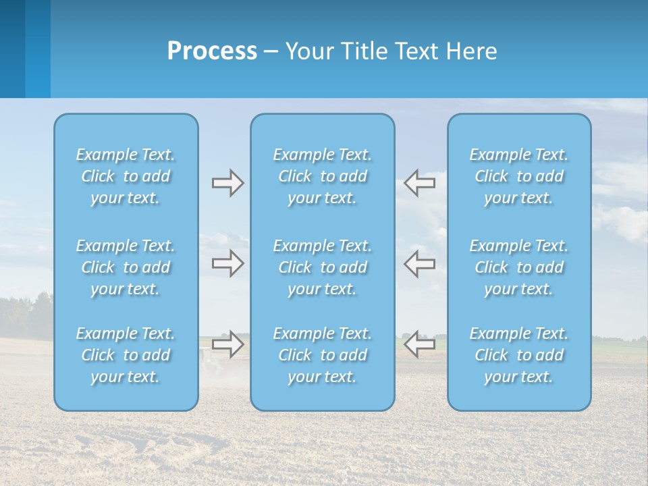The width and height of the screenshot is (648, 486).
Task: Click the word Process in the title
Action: [212, 51]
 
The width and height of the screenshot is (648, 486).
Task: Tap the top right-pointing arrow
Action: [227, 183]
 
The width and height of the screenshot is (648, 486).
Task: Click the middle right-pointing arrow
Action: [227, 263]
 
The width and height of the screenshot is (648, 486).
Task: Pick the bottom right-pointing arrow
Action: [227, 344]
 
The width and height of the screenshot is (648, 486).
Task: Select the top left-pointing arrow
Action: [420, 183]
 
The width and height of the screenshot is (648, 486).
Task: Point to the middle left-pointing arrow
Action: [420, 263]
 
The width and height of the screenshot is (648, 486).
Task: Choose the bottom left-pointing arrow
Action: [420, 344]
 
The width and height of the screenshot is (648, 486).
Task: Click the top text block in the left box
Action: [126, 176]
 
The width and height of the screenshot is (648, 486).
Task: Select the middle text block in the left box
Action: [126, 267]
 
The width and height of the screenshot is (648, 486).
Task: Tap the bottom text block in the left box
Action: [126, 355]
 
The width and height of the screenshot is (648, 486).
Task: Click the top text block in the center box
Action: [323, 176]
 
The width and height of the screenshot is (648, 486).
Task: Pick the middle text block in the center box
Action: [323, 267]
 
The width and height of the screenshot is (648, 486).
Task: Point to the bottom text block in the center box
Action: [323, 355]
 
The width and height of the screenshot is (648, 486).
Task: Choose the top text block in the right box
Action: [519, 176]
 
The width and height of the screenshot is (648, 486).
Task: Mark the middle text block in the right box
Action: [519, 267]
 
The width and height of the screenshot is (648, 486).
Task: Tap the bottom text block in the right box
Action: [519, 355]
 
